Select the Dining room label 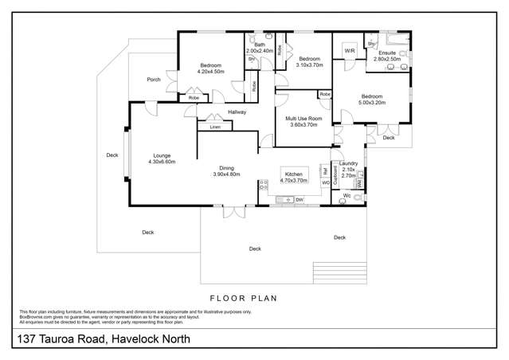pyautogui.click(x=227, y=168)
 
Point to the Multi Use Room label pyautogui.click(x=303, y=119)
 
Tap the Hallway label pyautogui.click(x=237, y=112)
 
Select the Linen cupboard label pyautogui.click(x=215, y=127)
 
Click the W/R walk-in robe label pyautogui.click(x=349, y=51)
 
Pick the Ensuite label pyautogui.click(x=388, y=52)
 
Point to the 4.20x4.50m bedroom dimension pyautogui.click(x=210, y=72)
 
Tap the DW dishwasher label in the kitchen pyautogui.click(x=300, y=199)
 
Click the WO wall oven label pyautogui.click(x=325, y=183)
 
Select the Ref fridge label pyautogui.click(x=325, y=170)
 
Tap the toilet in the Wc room pyautogui.click(x=344, y=201)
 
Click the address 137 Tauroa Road pyautogui.click(x=104, y=340)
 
